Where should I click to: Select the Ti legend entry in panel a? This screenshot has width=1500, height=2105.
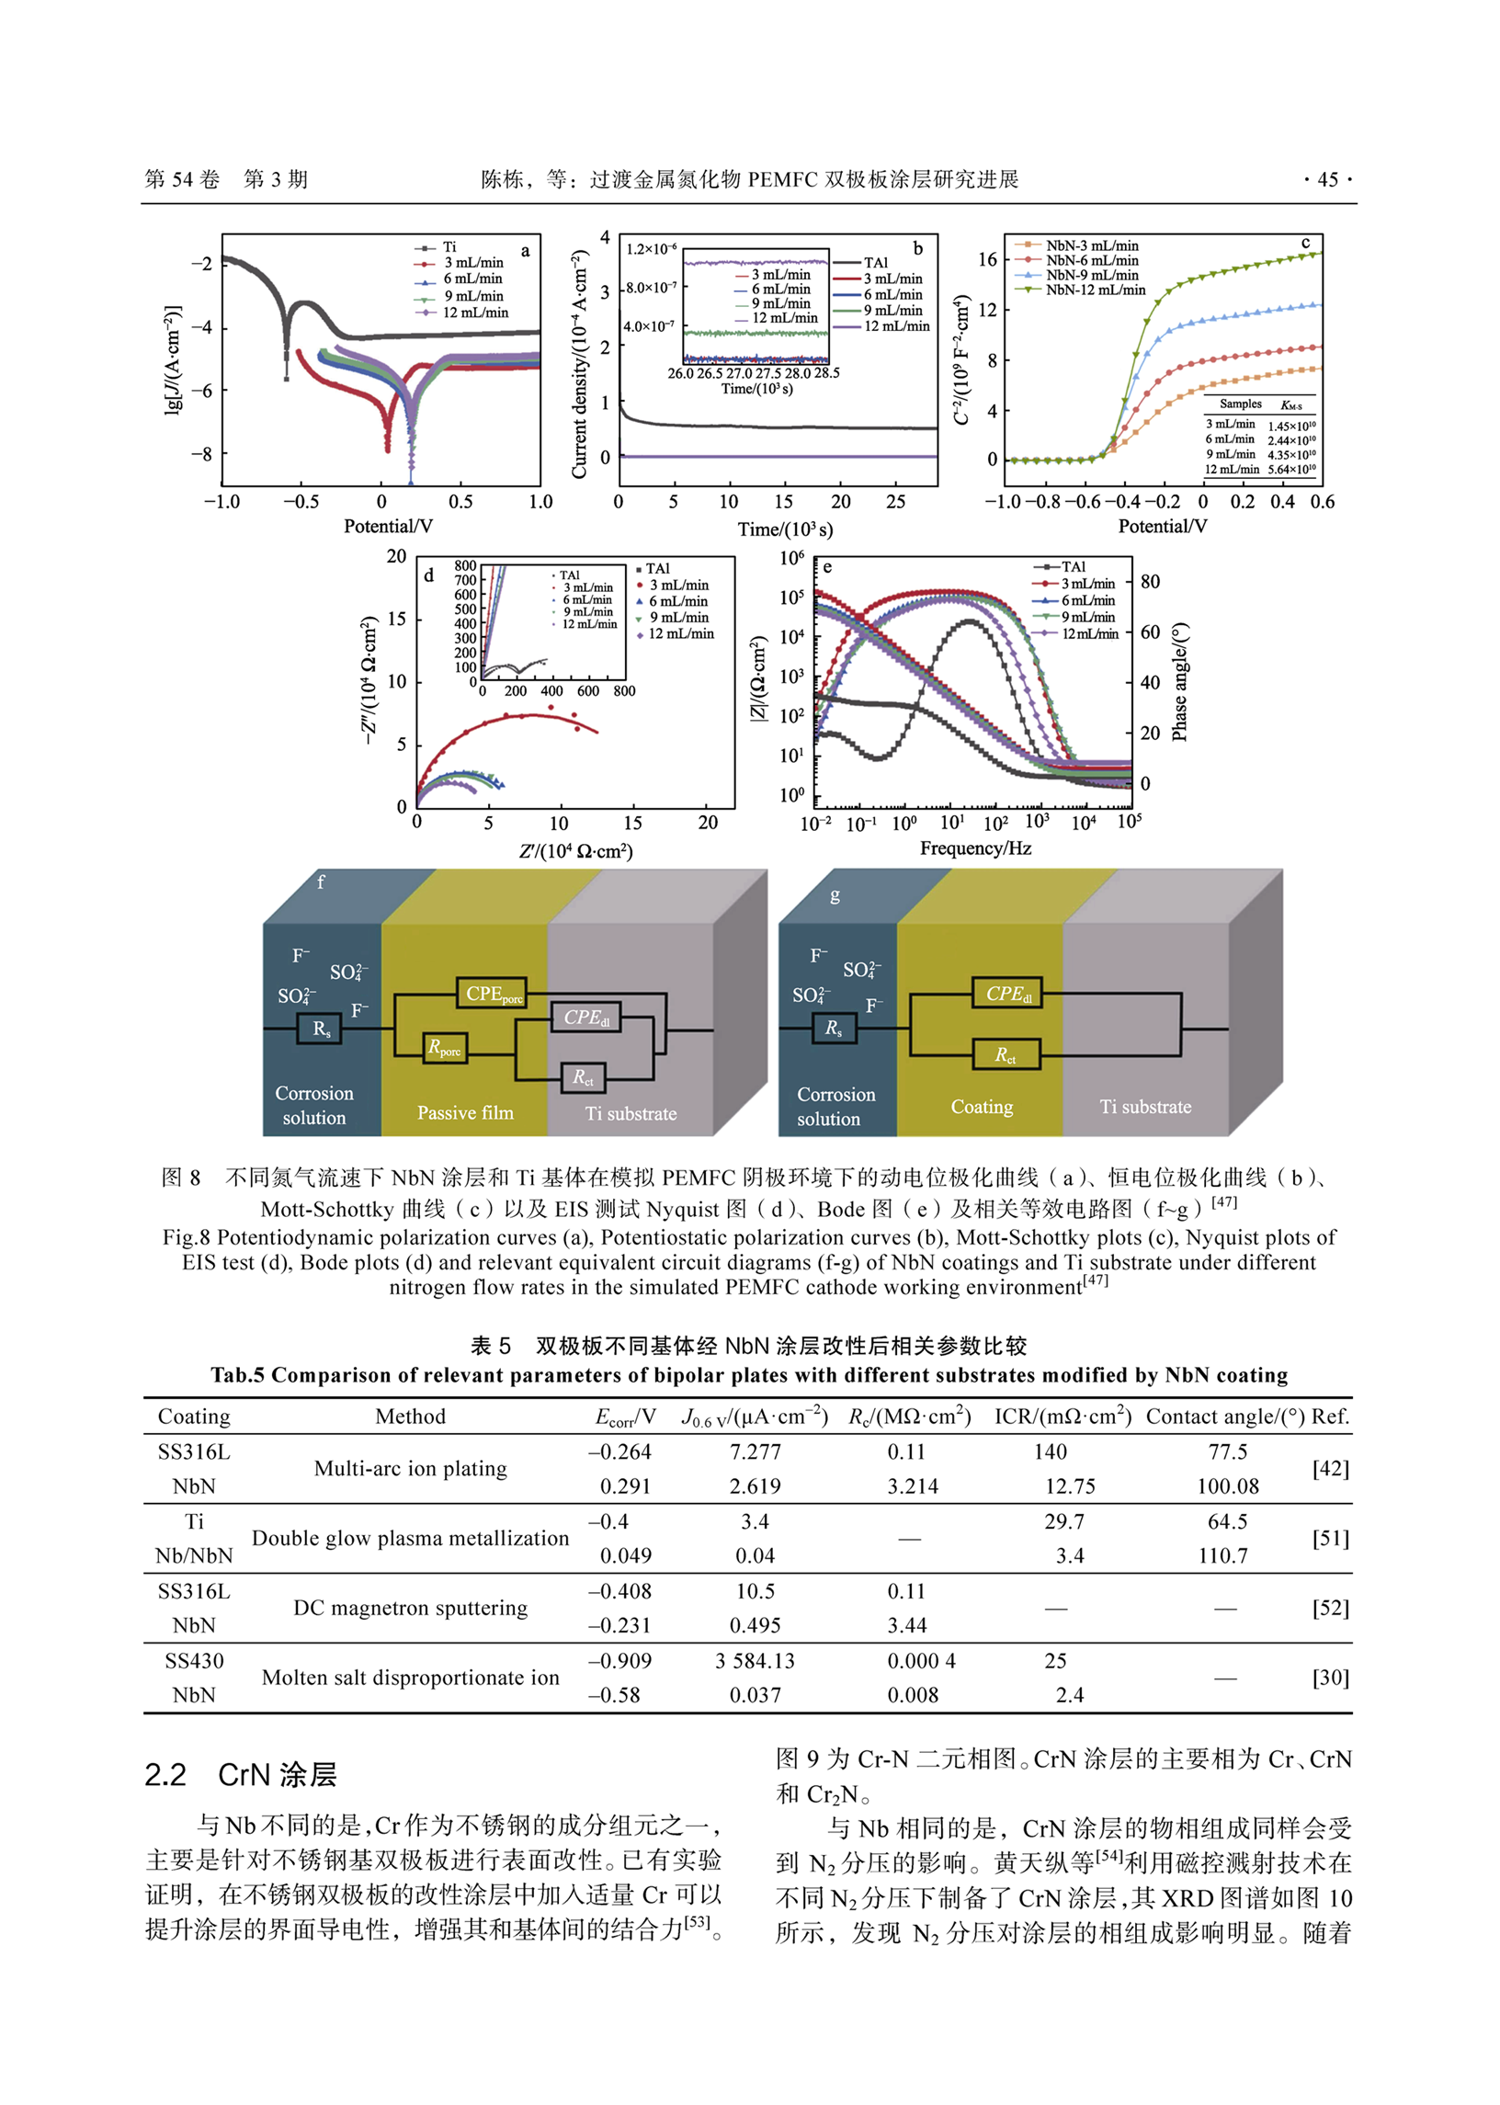click(x=449, y=247)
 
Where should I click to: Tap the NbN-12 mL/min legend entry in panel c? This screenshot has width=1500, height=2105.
click(x=1095, y=290)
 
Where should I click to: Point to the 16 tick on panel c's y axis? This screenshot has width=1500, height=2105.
click(x=987, y=259)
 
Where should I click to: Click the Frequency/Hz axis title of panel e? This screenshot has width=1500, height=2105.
click(x=974, y=848)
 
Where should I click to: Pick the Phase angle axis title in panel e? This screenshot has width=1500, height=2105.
click(x=1179, y=682)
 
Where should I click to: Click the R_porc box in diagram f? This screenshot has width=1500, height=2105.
click(x=444, y=1047)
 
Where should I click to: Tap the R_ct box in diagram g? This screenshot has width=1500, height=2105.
click(x=1006, y=1055)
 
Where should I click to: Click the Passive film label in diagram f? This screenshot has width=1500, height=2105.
click(x=464, y=1113)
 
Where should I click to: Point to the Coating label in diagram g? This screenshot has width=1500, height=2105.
click(x=982, y=1107)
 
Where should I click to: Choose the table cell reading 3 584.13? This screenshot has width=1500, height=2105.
click(x=755, y=1661)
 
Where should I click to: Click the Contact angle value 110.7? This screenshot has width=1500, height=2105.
click(x=1223, y=1556)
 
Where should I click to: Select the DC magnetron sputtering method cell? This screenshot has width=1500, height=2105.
click(x=410, y=1608)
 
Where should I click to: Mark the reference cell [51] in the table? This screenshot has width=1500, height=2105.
click(x=1330, y=1539)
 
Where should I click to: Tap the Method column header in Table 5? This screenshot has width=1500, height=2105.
click(x=410, y=1417)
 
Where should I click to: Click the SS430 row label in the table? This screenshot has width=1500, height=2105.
click(x=194, y=1661)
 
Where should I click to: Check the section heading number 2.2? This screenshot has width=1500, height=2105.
click(x=165, y=1775)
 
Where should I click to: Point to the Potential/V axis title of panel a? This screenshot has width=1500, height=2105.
click(x=388, y=527)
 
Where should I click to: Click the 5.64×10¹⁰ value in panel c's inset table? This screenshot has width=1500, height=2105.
click(x=1291, y=470)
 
